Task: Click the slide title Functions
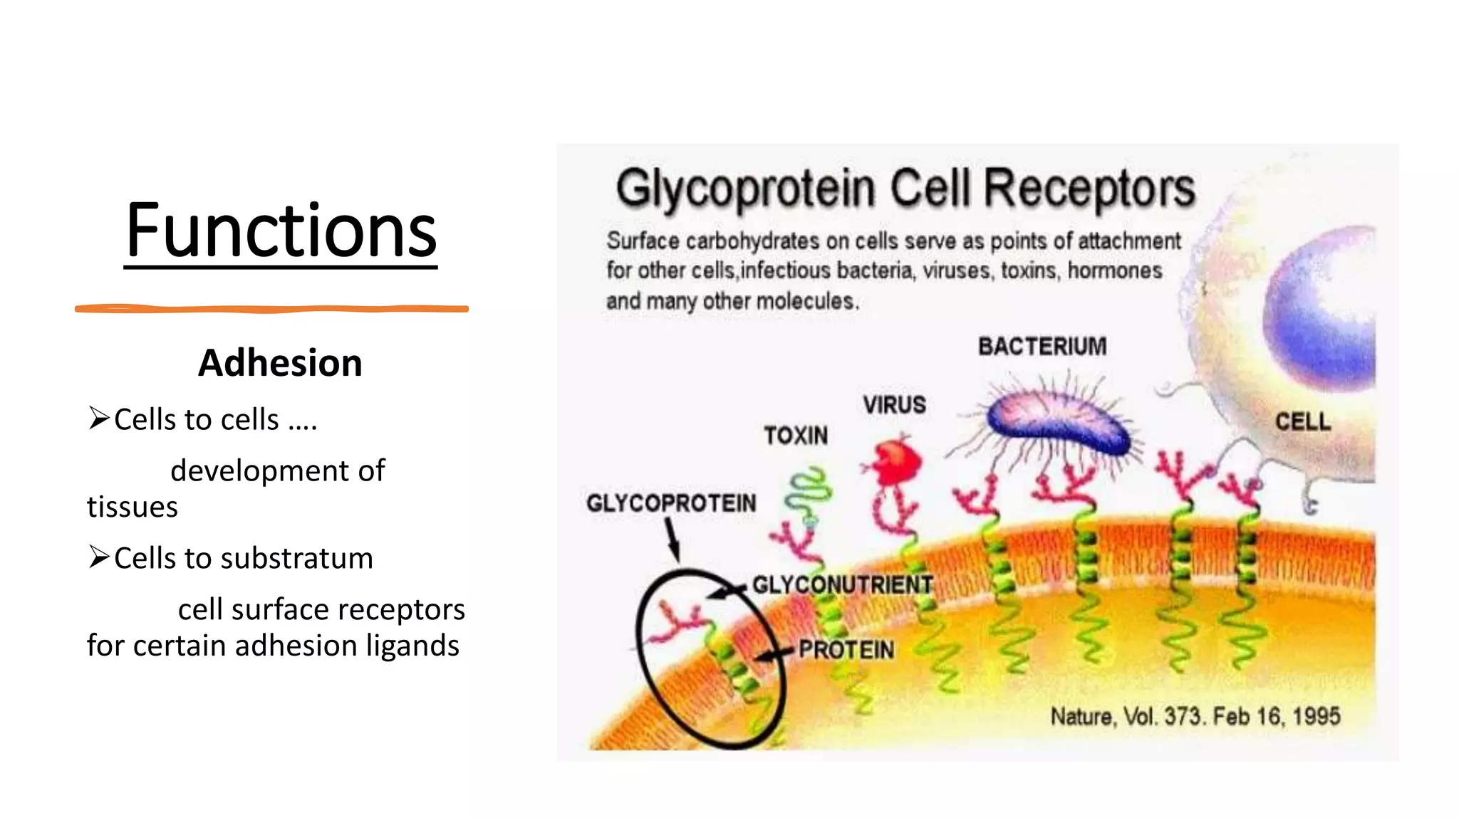281,231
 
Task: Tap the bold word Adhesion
280,363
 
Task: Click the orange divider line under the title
271,309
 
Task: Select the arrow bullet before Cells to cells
98,418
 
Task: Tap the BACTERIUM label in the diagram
1042,347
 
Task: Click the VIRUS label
895,405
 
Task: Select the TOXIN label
796,436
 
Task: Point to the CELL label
1302,421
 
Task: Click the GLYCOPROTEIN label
671,503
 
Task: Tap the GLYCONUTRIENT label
843,585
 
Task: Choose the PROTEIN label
846,650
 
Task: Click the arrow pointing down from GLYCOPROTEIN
672,539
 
